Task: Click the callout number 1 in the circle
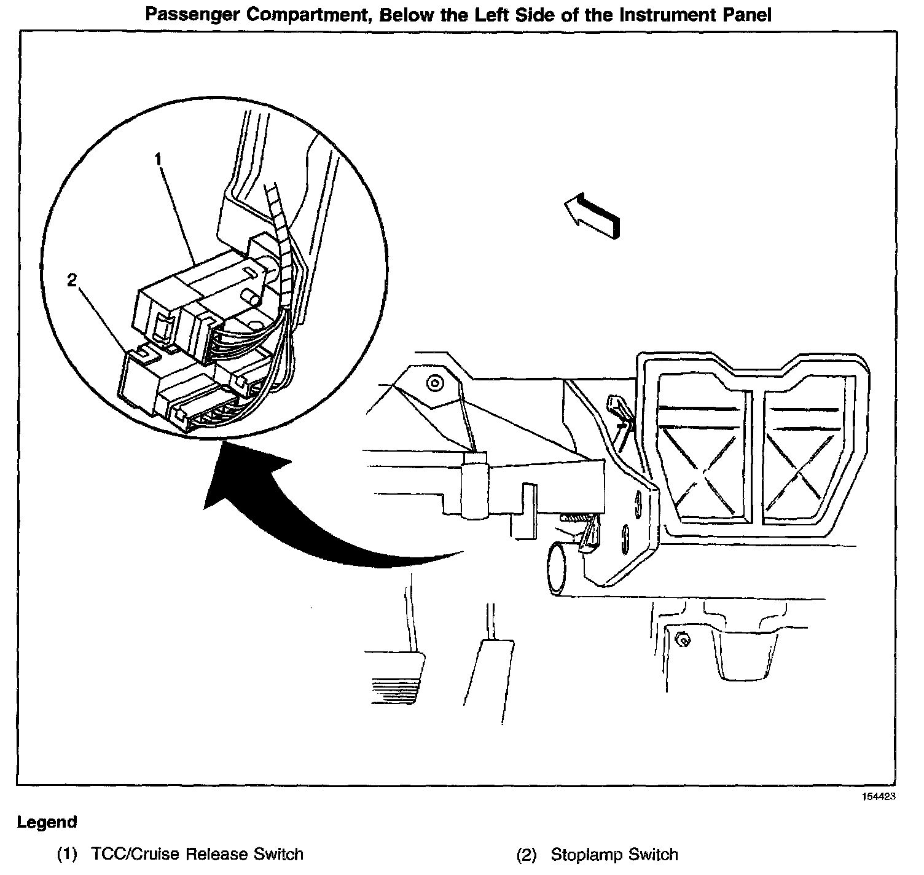[x=158, y=159]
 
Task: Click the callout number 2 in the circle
[x=72, y=280]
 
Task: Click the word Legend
[x=47, y=822]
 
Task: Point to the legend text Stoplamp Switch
[x=614, y=854]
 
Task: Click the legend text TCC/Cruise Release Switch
[x=197, y=854]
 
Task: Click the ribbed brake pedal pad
[x=394, y=678]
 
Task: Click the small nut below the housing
[x=680, y=640]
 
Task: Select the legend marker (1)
[x=67, y=854]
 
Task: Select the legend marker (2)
[x=527, y=854]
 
